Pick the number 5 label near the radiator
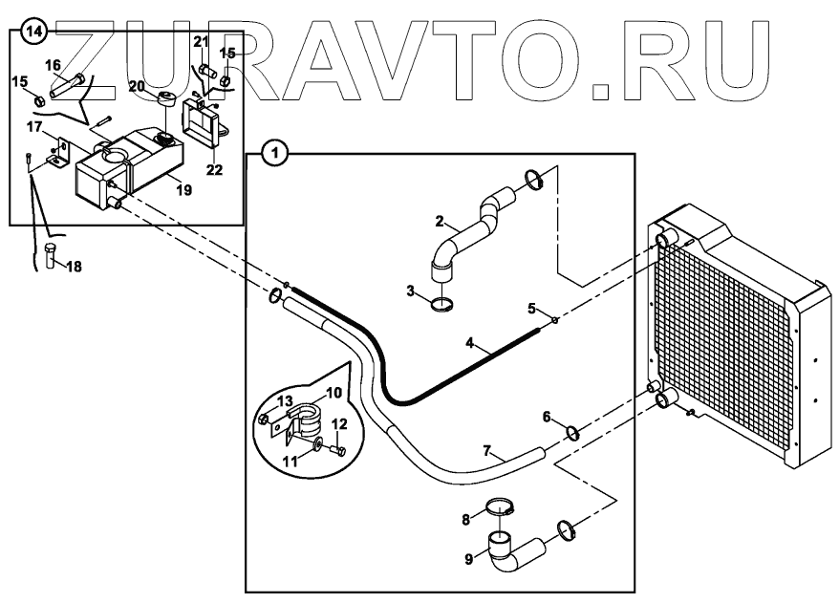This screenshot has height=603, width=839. click(x=532, y=308)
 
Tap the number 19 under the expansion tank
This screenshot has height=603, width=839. click(x=183, y=190)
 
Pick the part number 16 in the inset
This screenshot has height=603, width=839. click(x=52, y=64)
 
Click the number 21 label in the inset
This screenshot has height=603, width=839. click(x=200, y=41)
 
